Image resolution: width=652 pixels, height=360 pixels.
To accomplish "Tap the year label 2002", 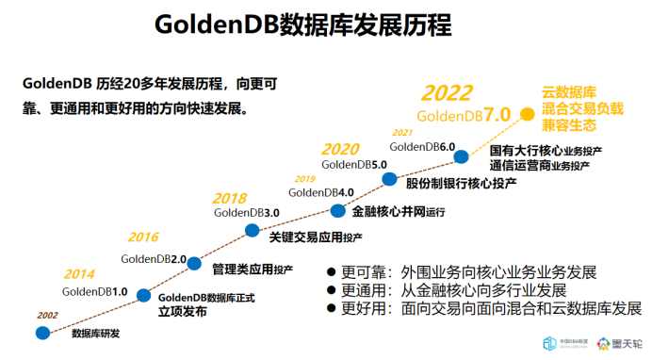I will [x=47, y=315].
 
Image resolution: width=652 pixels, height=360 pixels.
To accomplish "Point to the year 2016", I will [x=144, y=237].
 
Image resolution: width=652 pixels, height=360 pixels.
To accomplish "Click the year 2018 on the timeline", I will [x=230, y=198].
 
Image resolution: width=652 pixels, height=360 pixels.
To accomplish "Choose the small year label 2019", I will [x=305, y=179].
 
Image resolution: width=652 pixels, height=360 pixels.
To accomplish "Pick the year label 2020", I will [x=340, y=149].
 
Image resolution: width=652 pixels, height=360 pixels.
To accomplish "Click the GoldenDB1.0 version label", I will [x=95, y=291].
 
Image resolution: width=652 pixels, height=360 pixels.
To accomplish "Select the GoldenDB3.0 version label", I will [x=247, y=213].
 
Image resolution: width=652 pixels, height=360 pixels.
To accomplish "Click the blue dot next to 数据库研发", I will [x=43, y=333].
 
